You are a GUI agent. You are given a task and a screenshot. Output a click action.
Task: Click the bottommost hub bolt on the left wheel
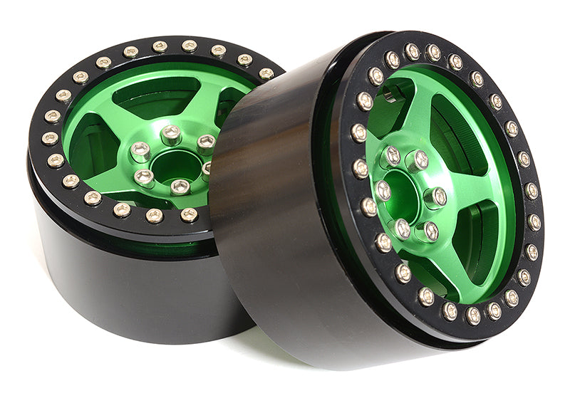pos(180,187)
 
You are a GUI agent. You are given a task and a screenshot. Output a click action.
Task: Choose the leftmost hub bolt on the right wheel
pos(383,189)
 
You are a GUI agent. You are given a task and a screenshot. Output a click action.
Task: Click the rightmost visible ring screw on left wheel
pos(266,73)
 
